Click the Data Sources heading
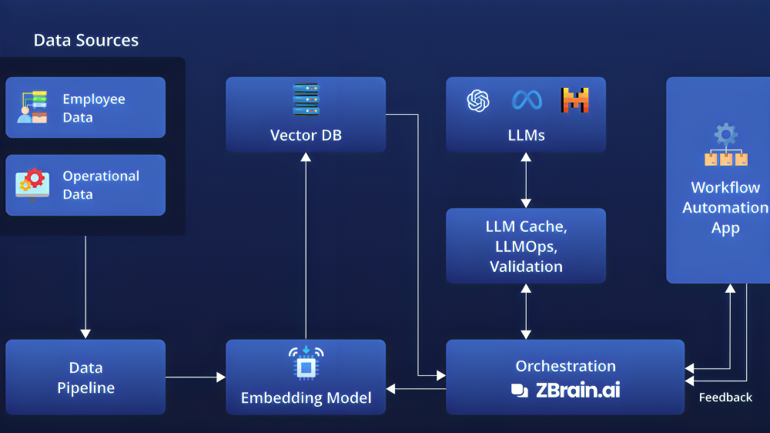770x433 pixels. tap(85, 41)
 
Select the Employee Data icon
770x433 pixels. tap(32, 107)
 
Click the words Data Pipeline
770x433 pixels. tap(85, 378)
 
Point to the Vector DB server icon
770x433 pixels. tap(306, 99)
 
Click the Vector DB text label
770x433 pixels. tap(306, 136)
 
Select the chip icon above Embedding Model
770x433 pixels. tap(306, 364)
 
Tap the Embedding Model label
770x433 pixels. tap(306, 398)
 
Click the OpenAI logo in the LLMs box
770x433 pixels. tap(478, 100)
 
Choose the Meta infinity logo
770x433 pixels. tap(527, 100)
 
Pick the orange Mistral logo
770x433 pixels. tap(574, 100)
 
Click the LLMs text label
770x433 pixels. tap(527, 136)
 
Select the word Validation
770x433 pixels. tap(526, 267)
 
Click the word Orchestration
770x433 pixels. tap(565, 366)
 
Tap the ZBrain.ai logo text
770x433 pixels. tap(577, 390)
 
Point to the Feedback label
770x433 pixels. tap(725, 398)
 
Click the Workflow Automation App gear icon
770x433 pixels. tap(725, 135)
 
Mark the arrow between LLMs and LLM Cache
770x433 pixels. tap(526, 180)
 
